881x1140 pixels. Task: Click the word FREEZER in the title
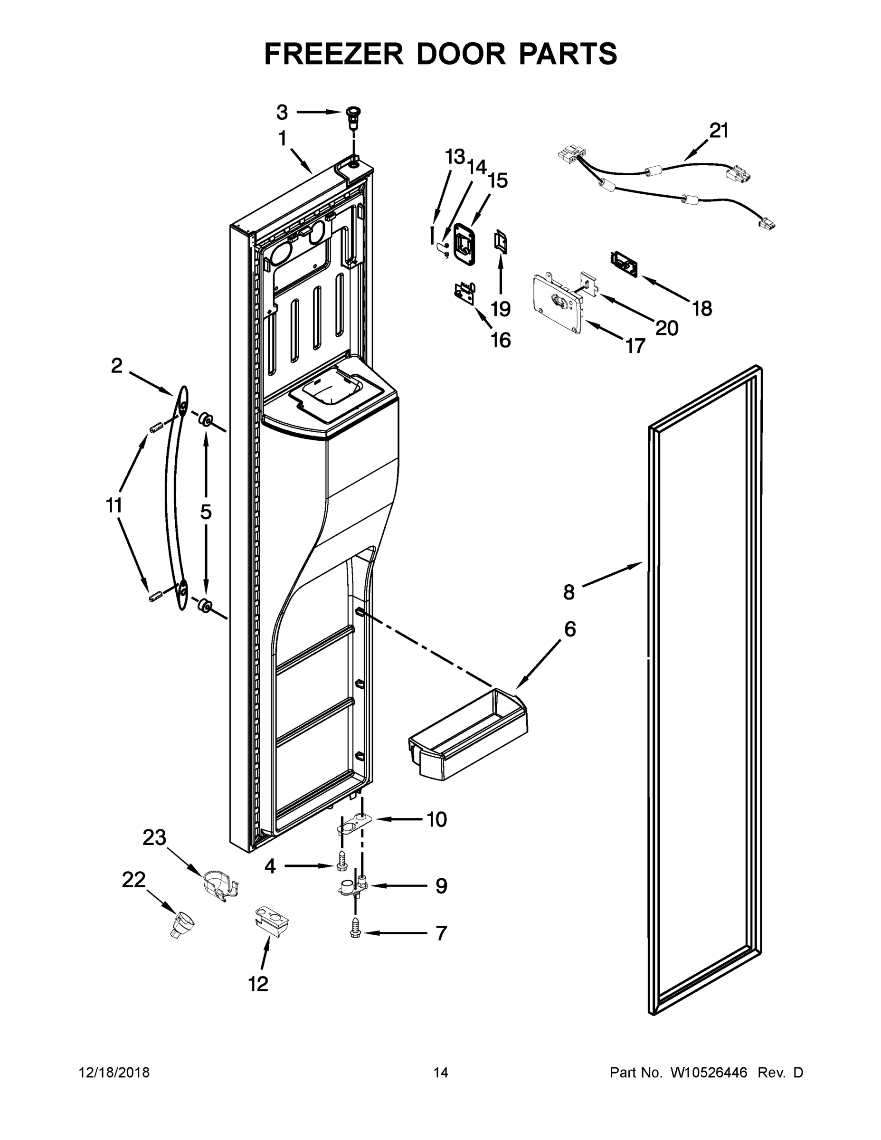333,54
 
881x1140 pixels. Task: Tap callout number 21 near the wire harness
719,131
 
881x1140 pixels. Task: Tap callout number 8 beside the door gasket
569,592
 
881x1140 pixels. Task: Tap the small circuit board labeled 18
624,263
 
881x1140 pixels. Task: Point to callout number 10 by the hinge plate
436,819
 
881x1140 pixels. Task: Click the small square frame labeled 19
501,243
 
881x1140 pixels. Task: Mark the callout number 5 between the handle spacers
206,512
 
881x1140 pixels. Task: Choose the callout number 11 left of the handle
114,505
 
